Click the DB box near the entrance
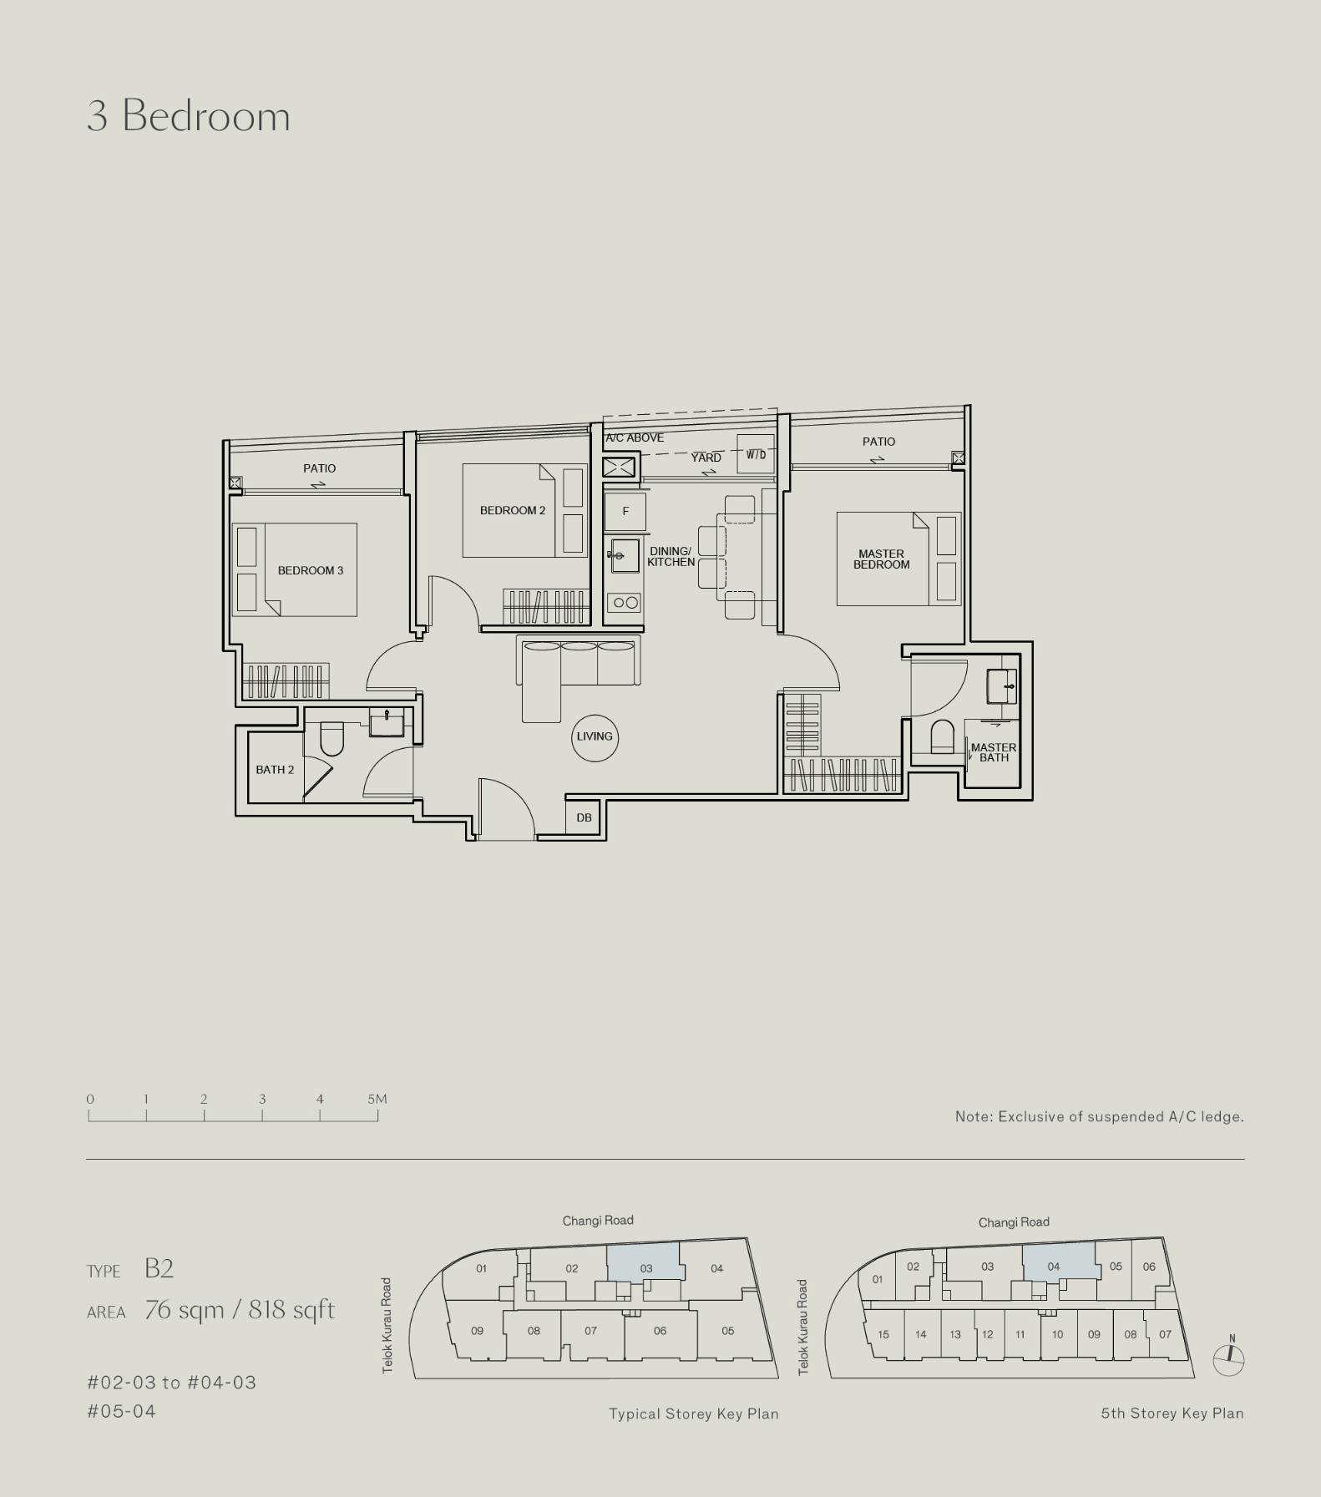pos(585,817)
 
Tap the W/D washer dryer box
pos(756,454)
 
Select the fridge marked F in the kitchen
pos(625,511)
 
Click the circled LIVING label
pos(595,736)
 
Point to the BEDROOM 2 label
pos(513,510)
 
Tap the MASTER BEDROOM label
pos(881,559)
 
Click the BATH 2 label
pos(275,770)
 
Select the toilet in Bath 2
pos(332,738)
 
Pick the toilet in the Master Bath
pos(942,736)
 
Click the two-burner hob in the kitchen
pos(625,602)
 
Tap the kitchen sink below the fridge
pos(624,555)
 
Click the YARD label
pos(706,458)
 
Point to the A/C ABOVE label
pos(635,437)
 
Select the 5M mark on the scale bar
pos(377,1099)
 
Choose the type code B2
pos(159,1268)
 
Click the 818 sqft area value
pos(291,1310)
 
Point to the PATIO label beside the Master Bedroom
pos(878,442)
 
